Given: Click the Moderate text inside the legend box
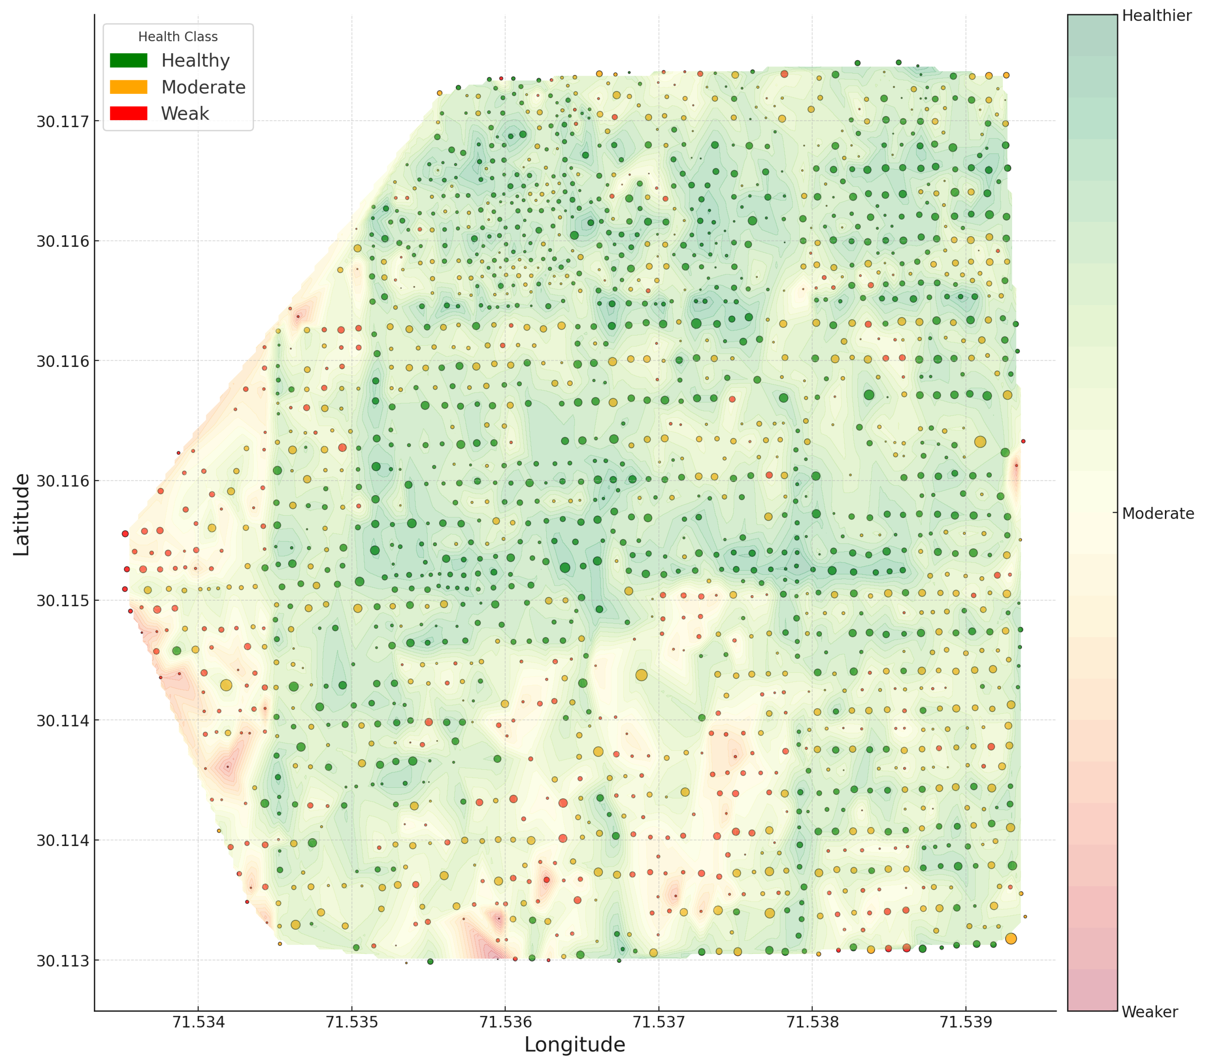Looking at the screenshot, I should point(203,87).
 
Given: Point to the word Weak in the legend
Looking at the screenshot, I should point(185,113).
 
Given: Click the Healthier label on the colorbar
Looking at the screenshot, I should point(1156,16).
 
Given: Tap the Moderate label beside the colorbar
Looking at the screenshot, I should point(1158,514).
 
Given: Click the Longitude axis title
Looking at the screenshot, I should point(574,1044).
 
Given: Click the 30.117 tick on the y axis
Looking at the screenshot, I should point(62,122).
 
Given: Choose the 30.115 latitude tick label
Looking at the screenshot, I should point(62,601).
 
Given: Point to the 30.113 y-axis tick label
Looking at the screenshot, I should point(62,960).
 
